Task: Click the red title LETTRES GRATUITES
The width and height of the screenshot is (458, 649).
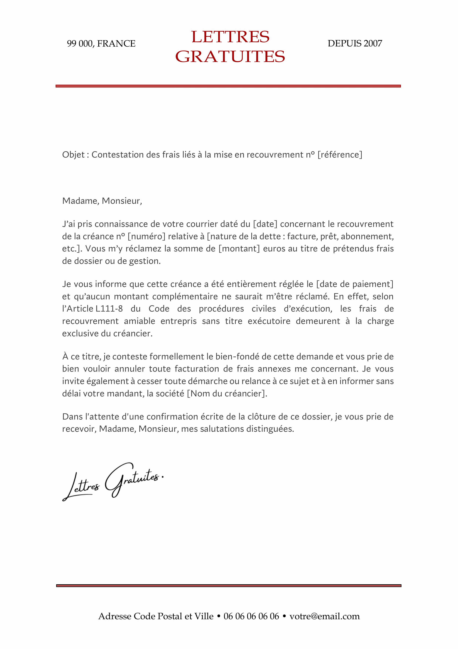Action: tap(230, 47)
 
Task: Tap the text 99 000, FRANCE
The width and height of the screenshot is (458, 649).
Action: tap(101, 43)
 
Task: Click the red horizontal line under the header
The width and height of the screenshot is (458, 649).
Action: tap(228, 86)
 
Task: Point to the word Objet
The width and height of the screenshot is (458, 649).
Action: tap(73, 155)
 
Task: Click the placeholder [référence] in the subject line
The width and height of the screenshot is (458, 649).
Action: tap(340, 155)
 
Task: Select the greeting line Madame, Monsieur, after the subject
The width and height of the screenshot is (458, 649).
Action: tap(102, 201)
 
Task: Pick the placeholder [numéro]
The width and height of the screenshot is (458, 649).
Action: tap(146, 236)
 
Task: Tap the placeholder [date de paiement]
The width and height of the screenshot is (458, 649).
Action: tap(355, 284)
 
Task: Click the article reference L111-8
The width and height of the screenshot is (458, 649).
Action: tap(109, 309)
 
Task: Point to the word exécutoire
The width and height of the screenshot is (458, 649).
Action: tap(269, 321)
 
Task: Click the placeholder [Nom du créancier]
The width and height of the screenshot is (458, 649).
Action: tap(227, 393)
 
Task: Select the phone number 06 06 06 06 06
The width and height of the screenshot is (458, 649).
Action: tap(251, 616)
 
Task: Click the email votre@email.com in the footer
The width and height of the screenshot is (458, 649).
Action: tap(324, 616)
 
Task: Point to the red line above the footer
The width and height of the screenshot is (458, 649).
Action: tap(229, 586)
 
